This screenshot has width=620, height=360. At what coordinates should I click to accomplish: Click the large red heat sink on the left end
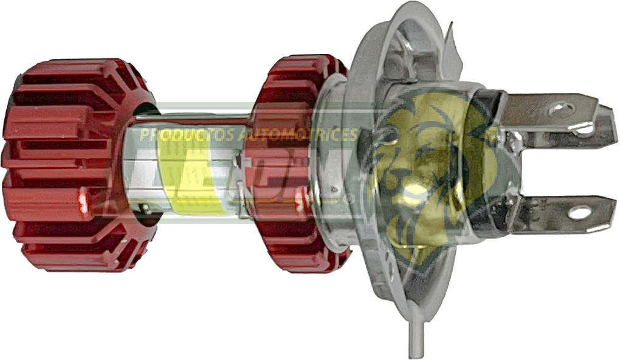[67, 164]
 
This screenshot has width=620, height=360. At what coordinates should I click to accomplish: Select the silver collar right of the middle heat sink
[331, 164]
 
